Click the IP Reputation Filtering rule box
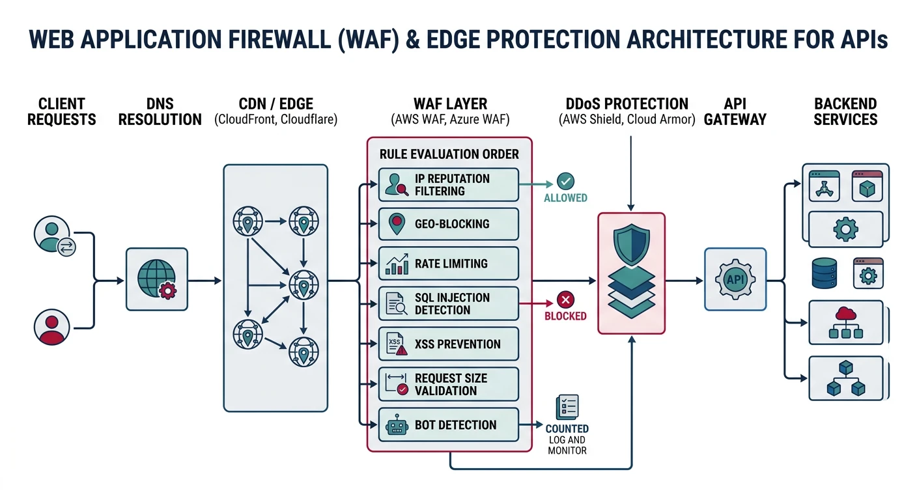448,185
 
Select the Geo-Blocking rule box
448,224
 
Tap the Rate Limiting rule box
448,264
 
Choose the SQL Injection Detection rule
448,303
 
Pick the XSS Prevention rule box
448,344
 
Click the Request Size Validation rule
448,384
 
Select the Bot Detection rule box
448,425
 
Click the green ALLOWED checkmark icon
565,181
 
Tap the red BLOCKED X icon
565,300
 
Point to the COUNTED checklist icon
567,407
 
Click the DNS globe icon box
156,279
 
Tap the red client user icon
51,326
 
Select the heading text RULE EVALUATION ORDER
449,154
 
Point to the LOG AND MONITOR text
567,445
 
